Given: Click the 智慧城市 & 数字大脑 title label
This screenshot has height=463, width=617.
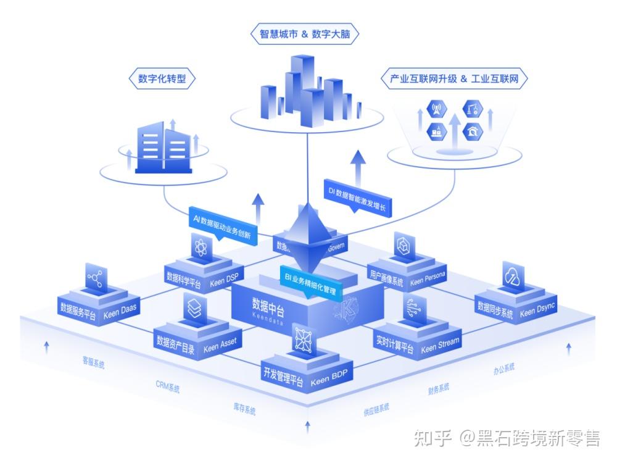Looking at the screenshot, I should [302, 34].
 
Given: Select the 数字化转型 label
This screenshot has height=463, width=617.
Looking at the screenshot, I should [162, 79].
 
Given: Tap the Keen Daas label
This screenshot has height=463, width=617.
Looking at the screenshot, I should [120, 314].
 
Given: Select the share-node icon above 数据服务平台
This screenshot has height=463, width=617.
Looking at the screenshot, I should [95, 278].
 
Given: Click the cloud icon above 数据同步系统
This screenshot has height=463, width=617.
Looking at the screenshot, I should [512, 277].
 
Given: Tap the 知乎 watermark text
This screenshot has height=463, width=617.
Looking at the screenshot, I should [433, 438].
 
